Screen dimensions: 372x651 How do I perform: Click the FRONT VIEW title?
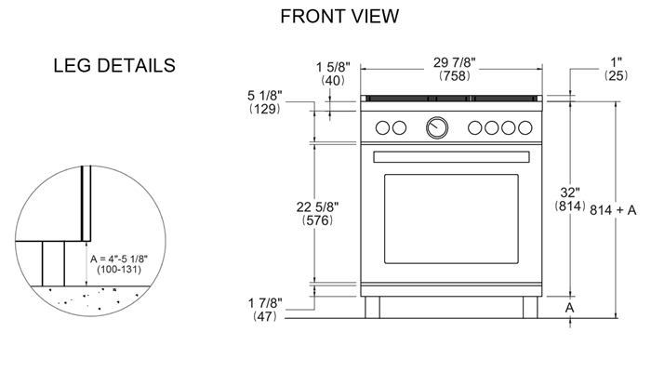339,16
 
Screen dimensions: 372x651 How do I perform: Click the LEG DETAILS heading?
114,66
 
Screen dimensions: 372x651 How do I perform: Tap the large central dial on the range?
436,127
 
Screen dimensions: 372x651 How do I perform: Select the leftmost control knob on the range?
383,127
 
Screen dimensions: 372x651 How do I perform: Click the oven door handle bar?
451,154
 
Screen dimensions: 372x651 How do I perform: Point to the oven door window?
451,219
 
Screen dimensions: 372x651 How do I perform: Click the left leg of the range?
373,308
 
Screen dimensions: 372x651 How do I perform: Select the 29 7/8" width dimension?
454,62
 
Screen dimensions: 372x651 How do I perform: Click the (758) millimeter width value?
454,76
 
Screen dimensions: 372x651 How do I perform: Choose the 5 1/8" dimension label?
267,95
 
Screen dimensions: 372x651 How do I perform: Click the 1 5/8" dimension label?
331,67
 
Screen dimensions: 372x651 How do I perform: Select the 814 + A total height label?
613,210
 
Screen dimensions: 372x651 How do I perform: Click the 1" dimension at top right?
615,62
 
